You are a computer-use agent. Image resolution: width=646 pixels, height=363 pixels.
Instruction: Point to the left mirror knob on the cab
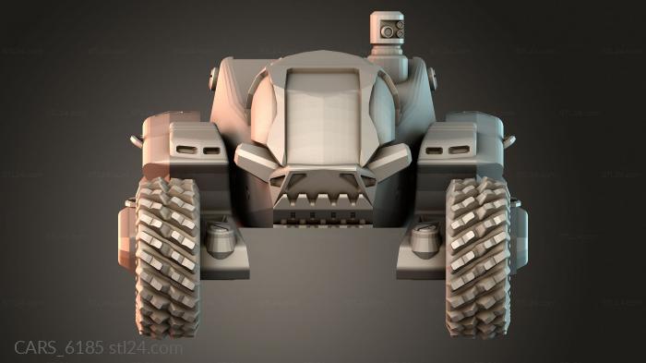(213, 79)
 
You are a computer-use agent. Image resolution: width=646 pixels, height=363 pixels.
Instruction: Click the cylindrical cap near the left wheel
(219, 239)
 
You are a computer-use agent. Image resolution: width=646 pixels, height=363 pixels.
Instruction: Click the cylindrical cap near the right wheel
(425, 239)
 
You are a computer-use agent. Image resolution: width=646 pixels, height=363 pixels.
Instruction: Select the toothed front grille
(322, 190)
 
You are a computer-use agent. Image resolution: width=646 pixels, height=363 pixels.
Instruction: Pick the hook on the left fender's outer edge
(138, 140)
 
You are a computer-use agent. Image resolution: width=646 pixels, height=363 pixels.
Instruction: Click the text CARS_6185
(58, 348)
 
